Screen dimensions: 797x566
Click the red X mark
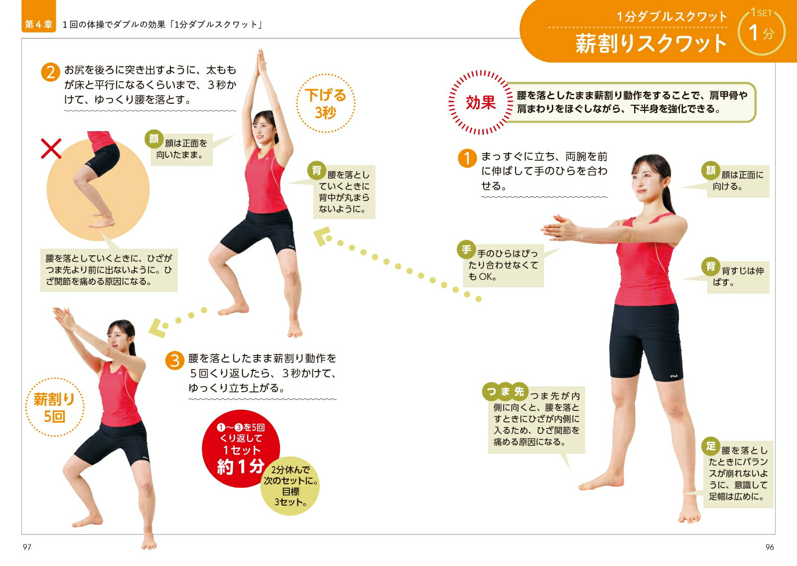[x=51, y=149]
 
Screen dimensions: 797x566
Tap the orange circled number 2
[x=50, y=72]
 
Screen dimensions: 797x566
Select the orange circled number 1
[x=467, y=158]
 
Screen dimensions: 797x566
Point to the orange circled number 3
[x=175, y=361]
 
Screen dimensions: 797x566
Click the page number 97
[x=27, y=547]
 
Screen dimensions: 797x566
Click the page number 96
[x=770, y=547]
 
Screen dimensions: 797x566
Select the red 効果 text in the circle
[x=481, y=103]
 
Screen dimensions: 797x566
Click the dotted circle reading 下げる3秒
[x=326, y=103]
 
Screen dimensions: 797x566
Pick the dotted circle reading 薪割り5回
[x=54, y=407]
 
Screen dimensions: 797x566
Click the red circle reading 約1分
[x=241, y=448]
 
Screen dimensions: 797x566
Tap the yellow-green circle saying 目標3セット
[x=290, y=486]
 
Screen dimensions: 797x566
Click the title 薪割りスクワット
[x=651, y=44]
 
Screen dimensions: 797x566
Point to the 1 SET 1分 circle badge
[x=762, y=32]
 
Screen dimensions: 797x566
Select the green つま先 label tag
[x=505, y=392]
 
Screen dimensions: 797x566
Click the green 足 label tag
[x=711, y=446]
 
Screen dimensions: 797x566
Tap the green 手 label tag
[x=466, y=250]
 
